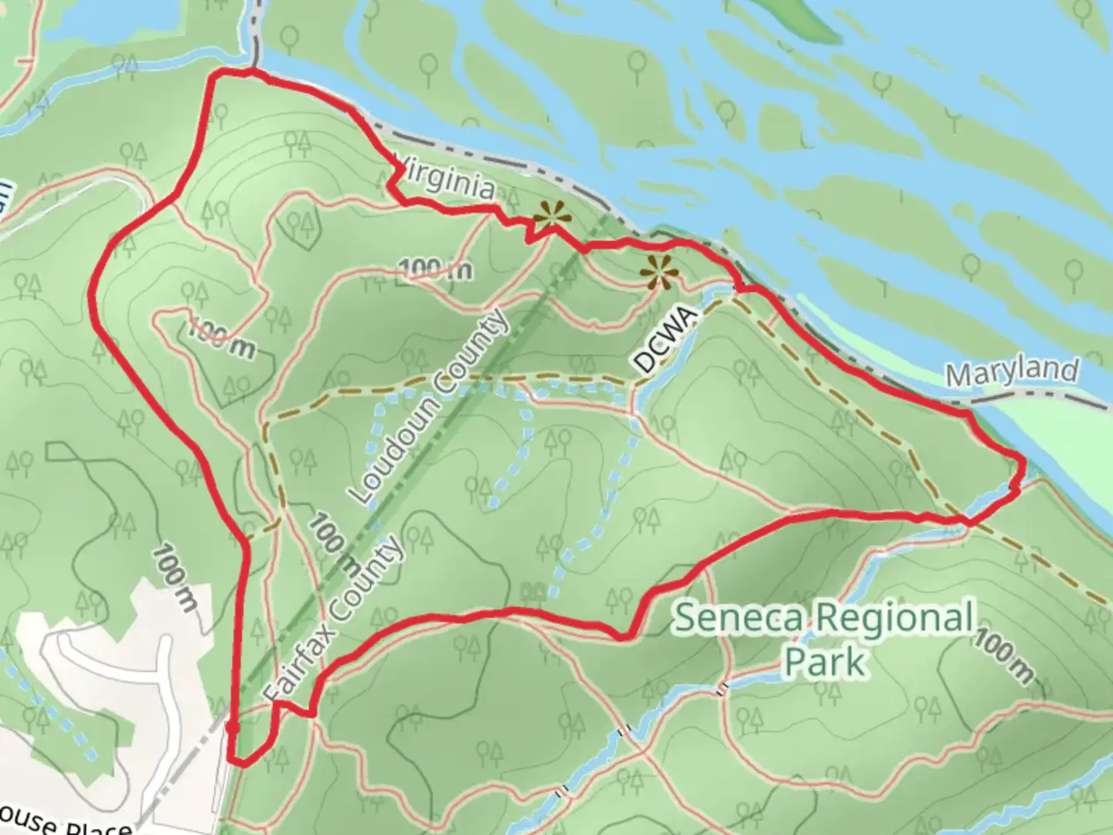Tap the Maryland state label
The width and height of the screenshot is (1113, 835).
click(x=1012, y=373)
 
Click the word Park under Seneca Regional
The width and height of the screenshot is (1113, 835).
click(x=825, y=662)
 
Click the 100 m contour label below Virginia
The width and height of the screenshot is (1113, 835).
click(x=437, y=268)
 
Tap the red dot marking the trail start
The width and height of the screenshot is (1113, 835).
click(x=232, y=728)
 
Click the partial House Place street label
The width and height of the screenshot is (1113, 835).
click(x=66, y=824)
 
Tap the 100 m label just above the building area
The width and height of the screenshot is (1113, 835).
click(x=175, y=577)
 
